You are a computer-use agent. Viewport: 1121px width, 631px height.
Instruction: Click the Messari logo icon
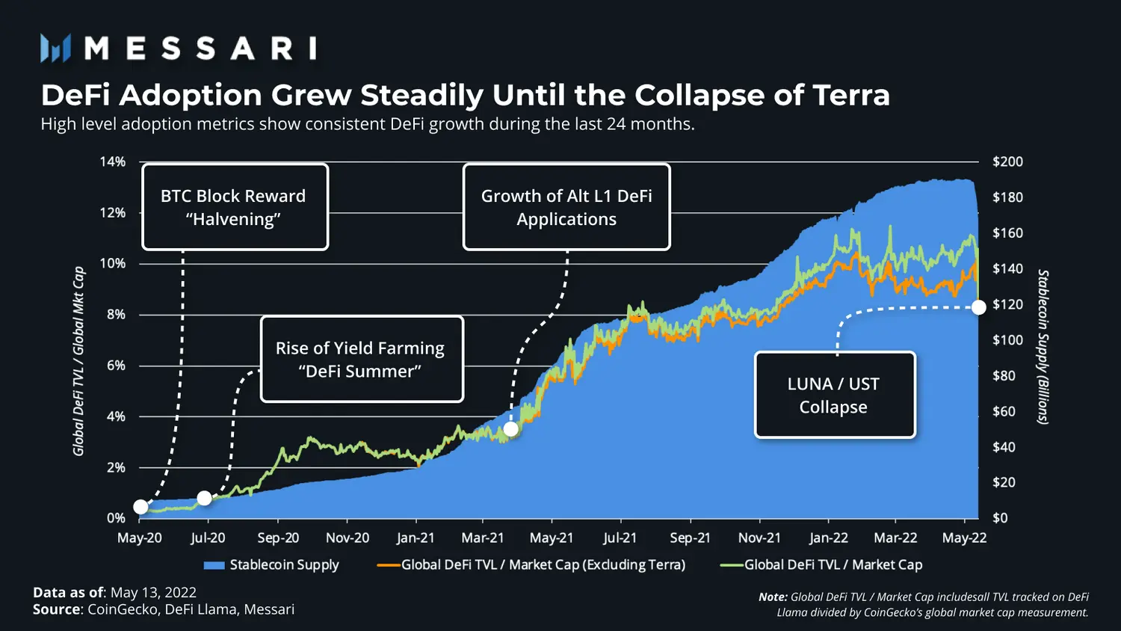coord(55,48)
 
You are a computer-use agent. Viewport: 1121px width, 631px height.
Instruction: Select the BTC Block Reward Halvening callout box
coord(235,207)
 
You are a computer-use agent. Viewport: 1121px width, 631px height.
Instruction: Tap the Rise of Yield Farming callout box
coord(362,360)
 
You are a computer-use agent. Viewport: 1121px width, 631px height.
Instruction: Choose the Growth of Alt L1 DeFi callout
coord(566,207)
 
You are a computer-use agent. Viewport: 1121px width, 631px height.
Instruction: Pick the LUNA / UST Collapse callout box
coord(834,395)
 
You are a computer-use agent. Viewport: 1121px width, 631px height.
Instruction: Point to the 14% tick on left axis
coord(113,161)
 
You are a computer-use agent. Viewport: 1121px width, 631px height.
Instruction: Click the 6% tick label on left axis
coord(116,366)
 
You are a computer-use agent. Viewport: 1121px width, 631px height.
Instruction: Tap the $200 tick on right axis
coord(1007,161)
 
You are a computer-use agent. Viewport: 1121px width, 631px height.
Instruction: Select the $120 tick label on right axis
coord(1007,304)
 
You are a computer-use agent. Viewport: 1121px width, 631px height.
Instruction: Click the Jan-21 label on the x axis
coord(416,538)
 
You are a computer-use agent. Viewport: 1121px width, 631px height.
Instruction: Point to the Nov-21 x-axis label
coord(759,538)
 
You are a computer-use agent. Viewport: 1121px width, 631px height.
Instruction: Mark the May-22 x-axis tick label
coord(964,538)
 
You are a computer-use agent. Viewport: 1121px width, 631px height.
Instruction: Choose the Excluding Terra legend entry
coord(543,565)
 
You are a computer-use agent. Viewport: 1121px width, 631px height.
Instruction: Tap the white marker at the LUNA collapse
coord(978,307)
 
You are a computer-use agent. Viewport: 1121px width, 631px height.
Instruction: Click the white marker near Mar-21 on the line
coord(510,429)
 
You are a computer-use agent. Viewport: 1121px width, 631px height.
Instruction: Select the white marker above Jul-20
coord(204,498)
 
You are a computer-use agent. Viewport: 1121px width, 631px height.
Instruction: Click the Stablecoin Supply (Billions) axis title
coord(1043,347)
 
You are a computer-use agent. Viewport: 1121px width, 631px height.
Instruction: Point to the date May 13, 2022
coord(153,593)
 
